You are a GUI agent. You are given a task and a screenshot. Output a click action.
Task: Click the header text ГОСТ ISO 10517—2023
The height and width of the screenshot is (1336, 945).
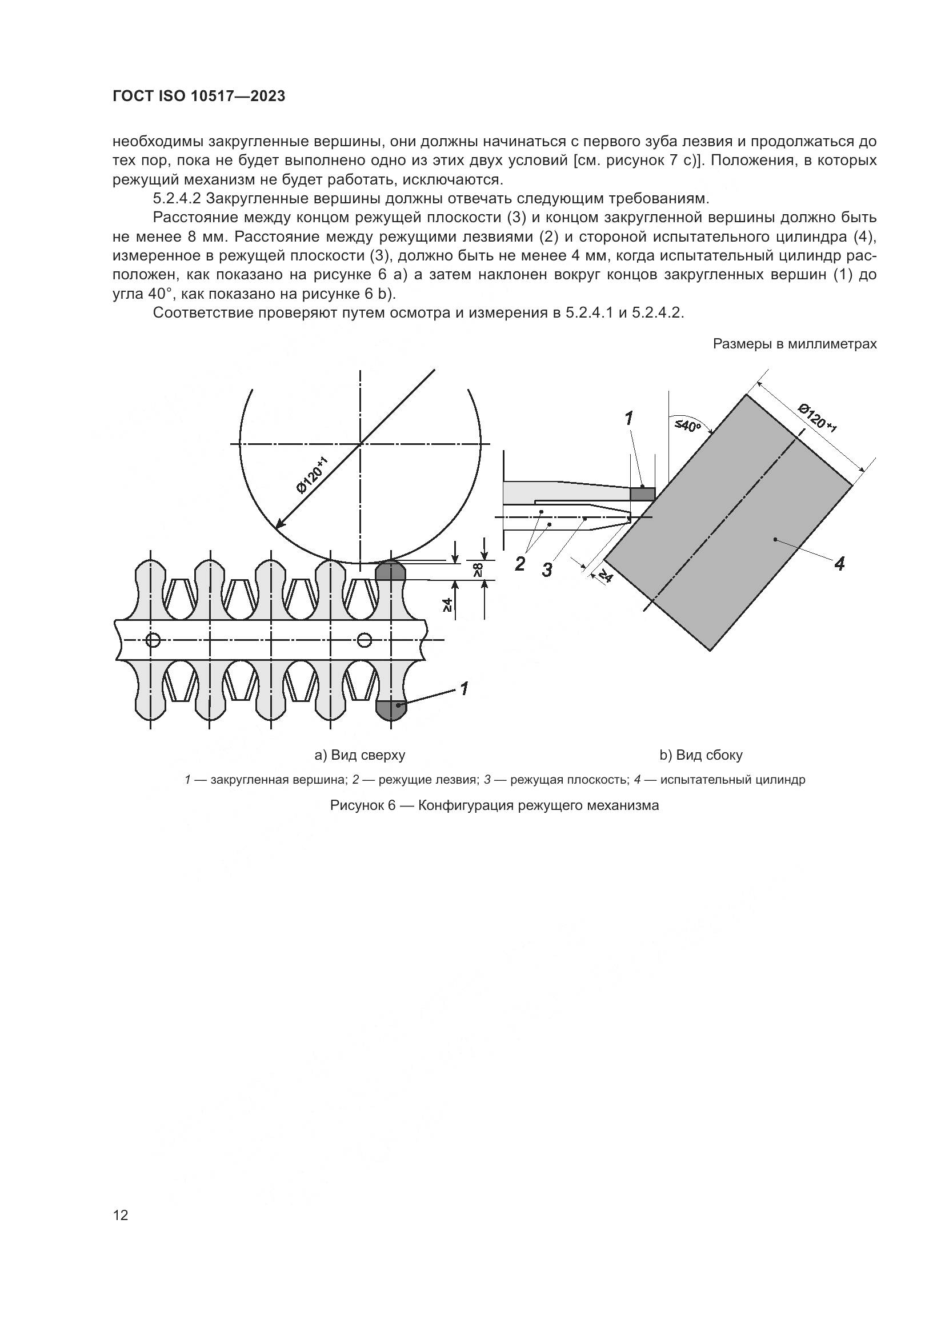(x=199, y=97)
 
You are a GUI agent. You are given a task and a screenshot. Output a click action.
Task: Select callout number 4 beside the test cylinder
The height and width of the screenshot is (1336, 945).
(x=839, y=563)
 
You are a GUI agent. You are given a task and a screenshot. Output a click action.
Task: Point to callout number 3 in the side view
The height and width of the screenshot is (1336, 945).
(x=547, y=570)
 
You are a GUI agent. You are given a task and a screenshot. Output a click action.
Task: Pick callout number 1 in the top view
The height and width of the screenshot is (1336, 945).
(x=464, y=689)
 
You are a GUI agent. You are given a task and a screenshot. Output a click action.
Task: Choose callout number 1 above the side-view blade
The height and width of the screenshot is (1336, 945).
(x=628, y=418)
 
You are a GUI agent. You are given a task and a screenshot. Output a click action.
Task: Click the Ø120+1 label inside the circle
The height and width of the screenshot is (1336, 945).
(x=313, y=475)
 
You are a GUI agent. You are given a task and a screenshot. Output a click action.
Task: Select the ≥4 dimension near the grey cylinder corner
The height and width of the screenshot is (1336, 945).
(x=605, y=576)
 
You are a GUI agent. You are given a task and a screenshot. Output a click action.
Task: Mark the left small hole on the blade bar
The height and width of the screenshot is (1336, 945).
(x=153, y=640)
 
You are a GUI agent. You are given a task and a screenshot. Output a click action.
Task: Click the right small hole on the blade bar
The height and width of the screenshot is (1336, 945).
(x=365, y=640)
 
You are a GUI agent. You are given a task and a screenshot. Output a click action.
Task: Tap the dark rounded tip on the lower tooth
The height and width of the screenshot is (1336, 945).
(x=390, y=709)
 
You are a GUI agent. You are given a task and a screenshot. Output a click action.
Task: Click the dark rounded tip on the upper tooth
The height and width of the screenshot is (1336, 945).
(x=390, y=570)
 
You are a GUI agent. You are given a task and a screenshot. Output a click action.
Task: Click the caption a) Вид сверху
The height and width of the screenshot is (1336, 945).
(x=359, y=755)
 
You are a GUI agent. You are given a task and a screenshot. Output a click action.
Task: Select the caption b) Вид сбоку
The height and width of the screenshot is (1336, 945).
(x=700, y=755)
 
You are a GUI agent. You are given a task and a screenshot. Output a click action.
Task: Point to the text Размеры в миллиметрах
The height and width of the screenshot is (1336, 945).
(x=794, y=344)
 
